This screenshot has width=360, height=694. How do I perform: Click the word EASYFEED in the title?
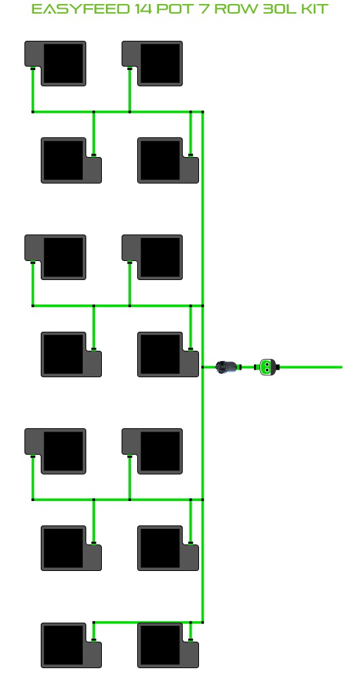pos(81,9)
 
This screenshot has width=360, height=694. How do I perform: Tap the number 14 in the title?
pos(143,9)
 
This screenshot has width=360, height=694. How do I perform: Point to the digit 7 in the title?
pos(204,9)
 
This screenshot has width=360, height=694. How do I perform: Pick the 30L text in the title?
pos(278,9)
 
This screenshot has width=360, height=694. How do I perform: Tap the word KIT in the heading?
pos(313,9)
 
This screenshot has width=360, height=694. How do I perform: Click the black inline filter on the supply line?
pos(226,367)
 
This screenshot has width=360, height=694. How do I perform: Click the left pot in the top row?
pos(55,63)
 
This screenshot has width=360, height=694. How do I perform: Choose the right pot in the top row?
pos(152,63)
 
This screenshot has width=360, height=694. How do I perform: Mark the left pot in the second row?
pos(71,160)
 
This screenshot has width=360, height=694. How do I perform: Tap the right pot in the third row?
pos(152,257)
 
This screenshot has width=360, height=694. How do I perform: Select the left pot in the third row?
pos(55,257)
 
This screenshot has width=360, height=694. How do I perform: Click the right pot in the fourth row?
pos(168,354)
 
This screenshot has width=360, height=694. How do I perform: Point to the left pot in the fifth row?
pos(55,451)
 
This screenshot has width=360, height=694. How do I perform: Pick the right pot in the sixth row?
pos(168,548)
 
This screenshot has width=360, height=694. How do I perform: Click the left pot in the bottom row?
pos(71,645)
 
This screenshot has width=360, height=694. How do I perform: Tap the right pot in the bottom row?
pos(168,645)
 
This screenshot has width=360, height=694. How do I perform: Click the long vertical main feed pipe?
pos(202,367)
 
